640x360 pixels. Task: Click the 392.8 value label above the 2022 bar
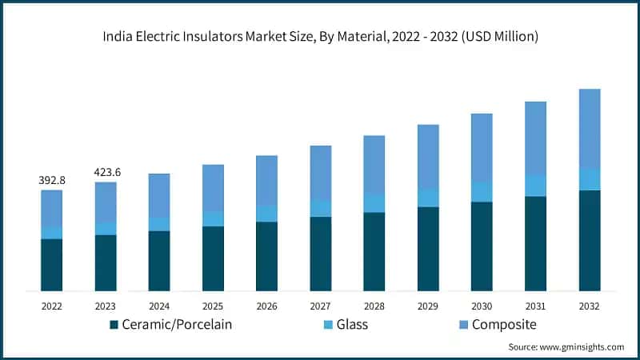click(52, 181)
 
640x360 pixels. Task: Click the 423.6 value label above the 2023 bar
click(106, 171)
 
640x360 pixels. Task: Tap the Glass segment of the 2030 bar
click(482, 192)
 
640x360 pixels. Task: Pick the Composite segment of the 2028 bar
click(374, 165)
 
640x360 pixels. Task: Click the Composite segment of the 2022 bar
click(52, 208)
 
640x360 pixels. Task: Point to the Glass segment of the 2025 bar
click(213, 219)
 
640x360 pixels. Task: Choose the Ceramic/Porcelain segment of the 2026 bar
click(266, 256)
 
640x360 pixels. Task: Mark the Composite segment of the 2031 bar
click(535, 138)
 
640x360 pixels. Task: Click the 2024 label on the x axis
click(159, 306)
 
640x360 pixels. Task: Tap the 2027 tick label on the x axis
click(320, 306)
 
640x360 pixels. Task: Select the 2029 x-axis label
click(428, 306)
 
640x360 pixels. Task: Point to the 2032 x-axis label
click(590, 306)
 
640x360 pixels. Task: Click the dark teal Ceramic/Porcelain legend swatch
click(114, 325)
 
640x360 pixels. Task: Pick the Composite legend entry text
click(504, 325)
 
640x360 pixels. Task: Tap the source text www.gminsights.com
click(582, 347)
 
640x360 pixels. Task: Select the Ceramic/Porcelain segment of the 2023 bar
click(106, 262)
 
